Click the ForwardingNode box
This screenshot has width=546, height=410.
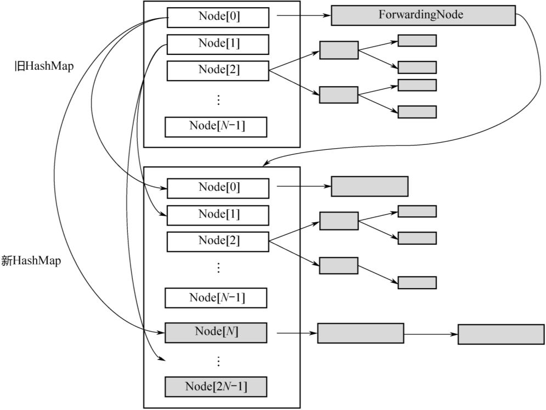tap(423, 15)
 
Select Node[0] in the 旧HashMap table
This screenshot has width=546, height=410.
tap(218, 18)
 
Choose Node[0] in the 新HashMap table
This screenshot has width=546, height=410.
tap(218, 188)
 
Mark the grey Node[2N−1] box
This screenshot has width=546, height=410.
tap(216, 387)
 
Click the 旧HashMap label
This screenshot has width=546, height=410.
tap(44, 66)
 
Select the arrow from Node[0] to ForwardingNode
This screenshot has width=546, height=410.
tap(302, 16)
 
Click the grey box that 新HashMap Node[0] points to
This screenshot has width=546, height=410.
tap(369, 187)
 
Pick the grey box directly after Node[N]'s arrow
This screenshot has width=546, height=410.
tap(361, 333)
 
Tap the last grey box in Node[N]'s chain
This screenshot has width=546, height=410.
tap(501, 334)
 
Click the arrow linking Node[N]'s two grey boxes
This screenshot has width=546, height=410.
tap(431, 334)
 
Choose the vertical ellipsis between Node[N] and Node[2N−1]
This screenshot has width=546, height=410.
tap(218, 361)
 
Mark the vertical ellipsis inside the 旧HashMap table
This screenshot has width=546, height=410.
tap(218, 100)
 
